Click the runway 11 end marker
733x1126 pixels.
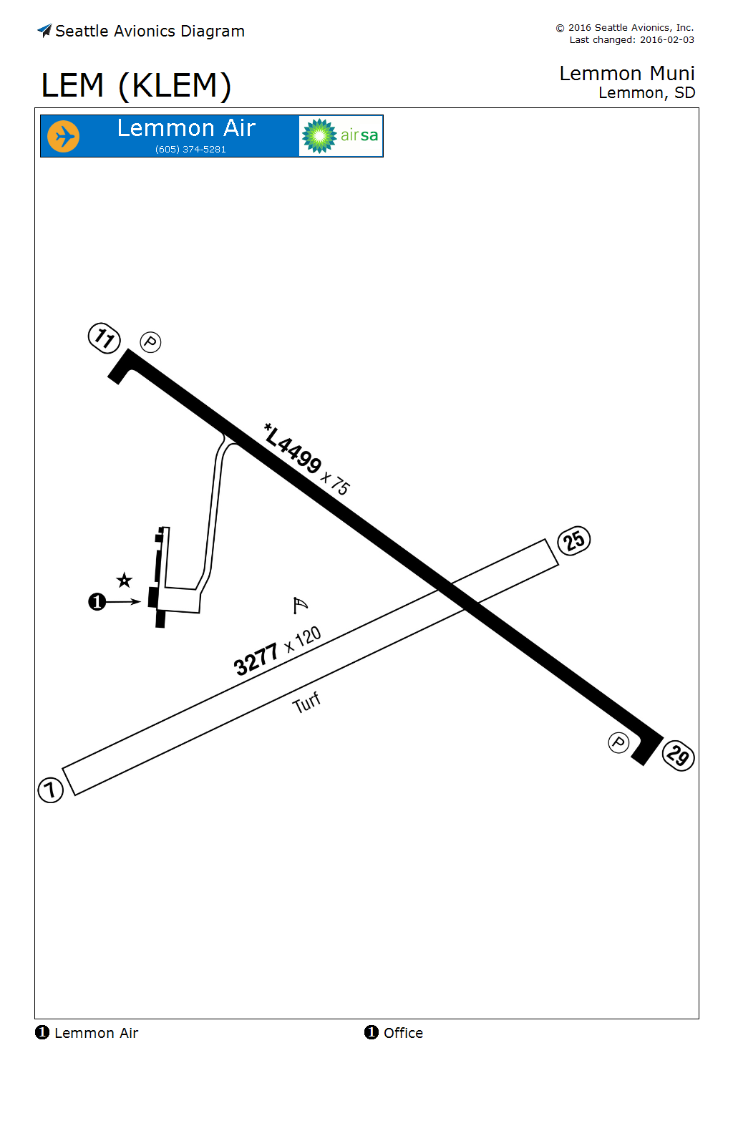pyautogui.click(x=105, y=338)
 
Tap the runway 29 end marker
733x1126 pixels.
pyautogui.click(x=678, y=755)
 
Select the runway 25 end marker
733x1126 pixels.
pyautogui.click(x=574, y=540)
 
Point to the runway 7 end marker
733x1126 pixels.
pyautogui.click(x=50, y=790)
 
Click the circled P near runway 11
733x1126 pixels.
pyautogui.click(x=150, y=342)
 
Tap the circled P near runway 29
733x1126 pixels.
pyautogui.click(x=618, y=743)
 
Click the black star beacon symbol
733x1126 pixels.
pyautogui.click(x=125, y=580)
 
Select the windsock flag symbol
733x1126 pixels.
pyautogui.click(x=300, y=606)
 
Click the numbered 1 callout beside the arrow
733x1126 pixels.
pyautogui.click(x=97, y=602)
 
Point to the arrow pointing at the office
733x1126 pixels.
pyautogui.click(x=125, y=602)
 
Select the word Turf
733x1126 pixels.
pyautogui.click(x=306, y=703)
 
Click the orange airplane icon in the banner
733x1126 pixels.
pyautogui.click(x=63, y=136)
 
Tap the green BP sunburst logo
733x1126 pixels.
pyautogui.click(x=319, y=136)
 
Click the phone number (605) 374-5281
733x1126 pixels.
pyautogui.click(x=190, y=150)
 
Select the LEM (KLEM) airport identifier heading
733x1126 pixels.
pyautogui.click(x=136, y=86)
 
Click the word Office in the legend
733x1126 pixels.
pyautogui.click(x=403, y=1033)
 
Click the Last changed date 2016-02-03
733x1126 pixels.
pyautogui.click(x=666, y=40)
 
